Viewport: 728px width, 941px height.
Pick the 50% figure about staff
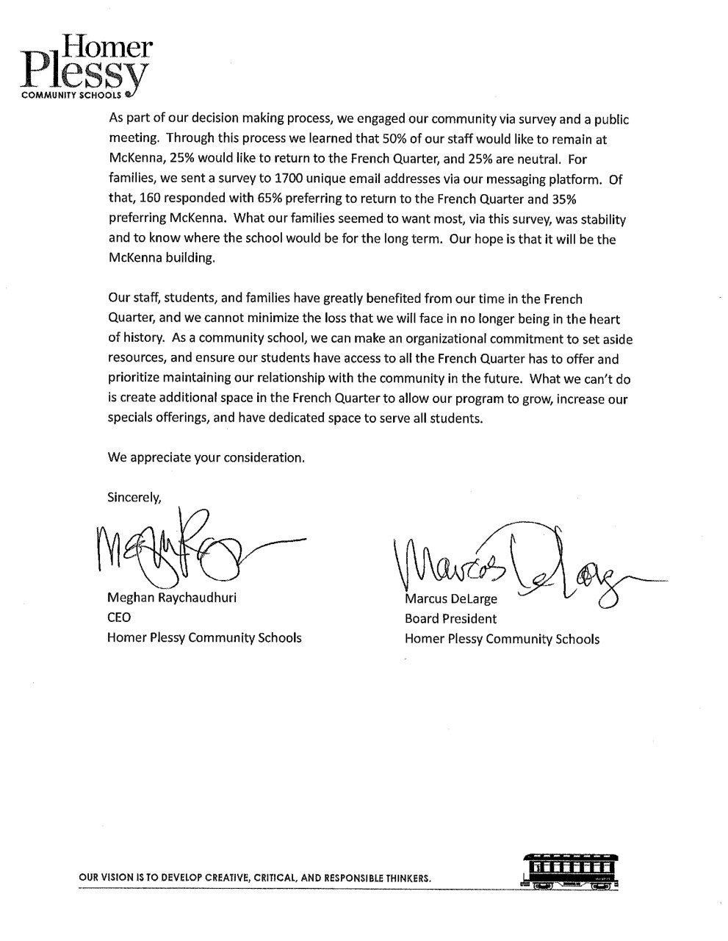click(390, 138)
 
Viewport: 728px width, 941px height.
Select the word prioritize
click(134, 379)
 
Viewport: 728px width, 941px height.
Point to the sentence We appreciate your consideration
click(206, 457)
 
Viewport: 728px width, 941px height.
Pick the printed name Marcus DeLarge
click(451, 599)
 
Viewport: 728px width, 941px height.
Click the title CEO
click(119, 618)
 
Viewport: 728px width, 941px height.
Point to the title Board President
click(450, 619)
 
